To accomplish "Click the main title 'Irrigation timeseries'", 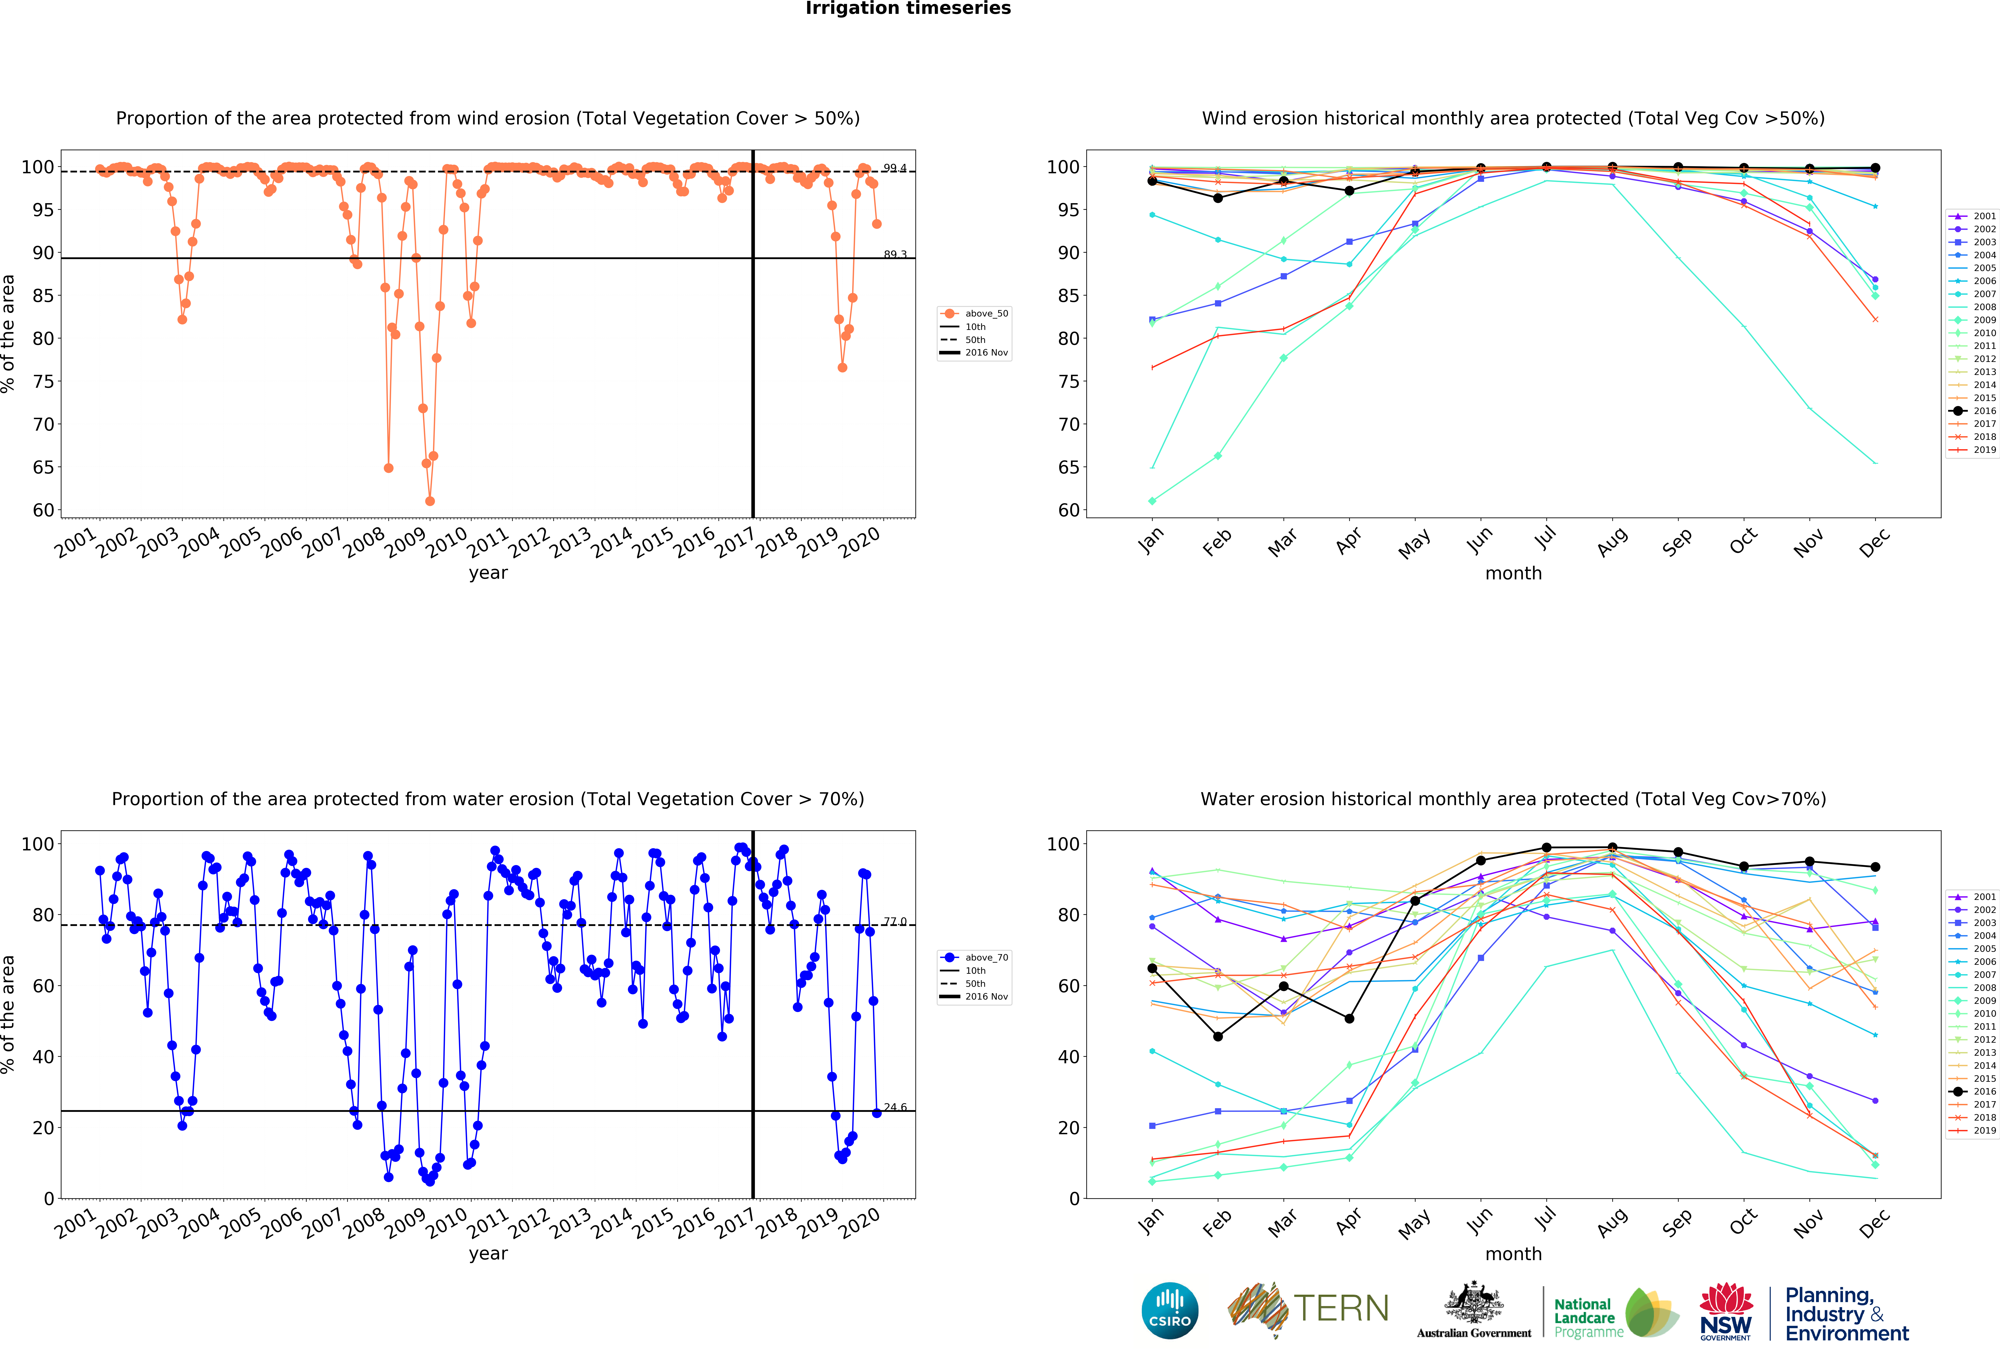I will (908, 9).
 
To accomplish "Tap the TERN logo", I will (1308, 1309).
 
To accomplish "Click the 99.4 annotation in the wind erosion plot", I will (895, 168).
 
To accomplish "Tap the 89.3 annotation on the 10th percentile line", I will (895, 255).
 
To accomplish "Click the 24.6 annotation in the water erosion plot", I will (895, 1107).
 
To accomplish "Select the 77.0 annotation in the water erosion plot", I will (895, 921).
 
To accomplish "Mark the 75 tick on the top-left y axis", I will (43, 381).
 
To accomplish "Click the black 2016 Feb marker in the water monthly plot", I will (1218, 1037).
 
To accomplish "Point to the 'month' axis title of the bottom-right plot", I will (1513, 1254).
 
